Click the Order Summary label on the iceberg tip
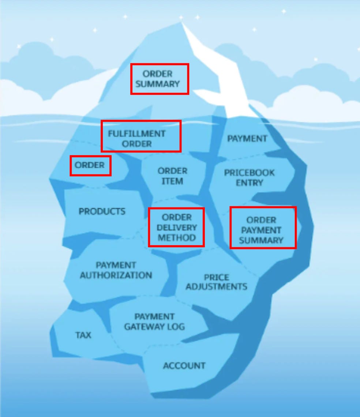157,79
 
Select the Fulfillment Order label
136,139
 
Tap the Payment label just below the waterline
247,139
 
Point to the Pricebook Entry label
249,177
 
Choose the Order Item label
172,176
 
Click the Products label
102,211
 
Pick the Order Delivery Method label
176,228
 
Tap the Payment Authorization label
116,270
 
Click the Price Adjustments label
216,282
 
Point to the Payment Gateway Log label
154,322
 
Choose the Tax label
83,335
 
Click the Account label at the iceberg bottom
184,365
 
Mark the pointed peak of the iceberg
181,23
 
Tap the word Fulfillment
136,134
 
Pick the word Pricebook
249,173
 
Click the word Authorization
116,275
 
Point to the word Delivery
176,228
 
